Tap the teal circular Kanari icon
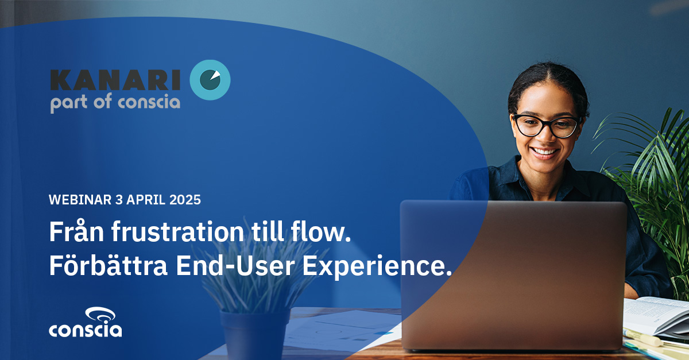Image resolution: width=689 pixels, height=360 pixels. [210, 80]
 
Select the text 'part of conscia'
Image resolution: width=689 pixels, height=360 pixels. [115, 103]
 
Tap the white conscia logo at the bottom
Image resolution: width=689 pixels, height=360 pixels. [85, 323]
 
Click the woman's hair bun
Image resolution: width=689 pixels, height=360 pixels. [548, 78]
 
